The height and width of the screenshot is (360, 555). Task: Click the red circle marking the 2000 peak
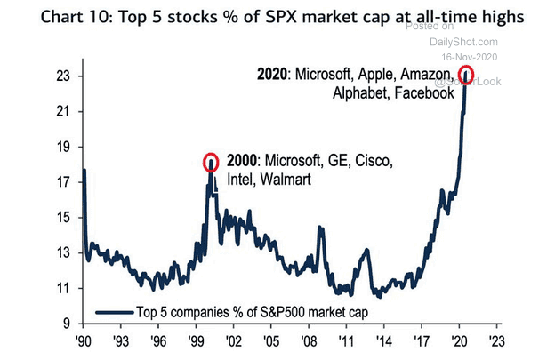click(x=211, y=162)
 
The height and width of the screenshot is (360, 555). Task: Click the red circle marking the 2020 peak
click(x=465, y=74)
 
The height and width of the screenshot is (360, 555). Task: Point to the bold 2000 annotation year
click(x=240, y=163)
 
